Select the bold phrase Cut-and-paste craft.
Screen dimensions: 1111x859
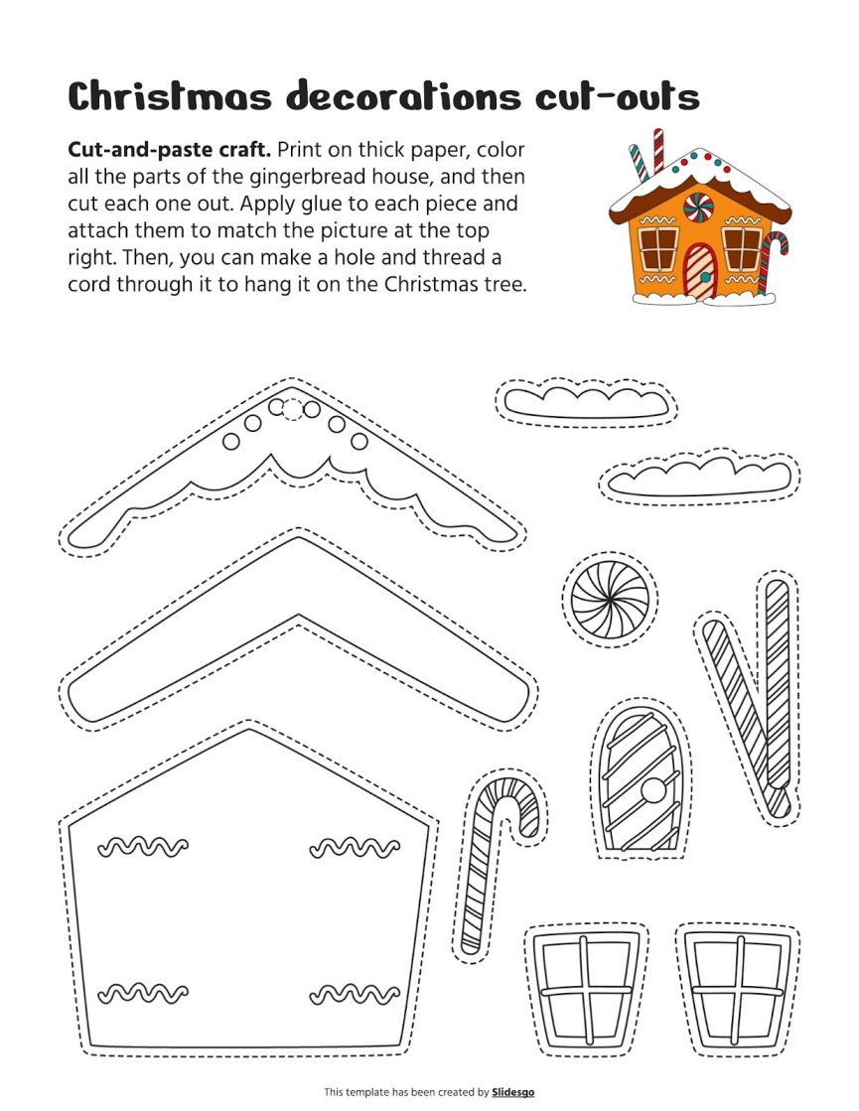point(169,150)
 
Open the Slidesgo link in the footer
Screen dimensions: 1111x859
point(512,1092)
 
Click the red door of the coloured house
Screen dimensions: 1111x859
point(699,271)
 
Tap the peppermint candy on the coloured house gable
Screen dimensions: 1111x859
point(698,208)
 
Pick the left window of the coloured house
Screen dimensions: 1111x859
point(656,248)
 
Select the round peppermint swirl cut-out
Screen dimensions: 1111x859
point(610,600)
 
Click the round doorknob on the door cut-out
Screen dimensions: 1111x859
point(652,790)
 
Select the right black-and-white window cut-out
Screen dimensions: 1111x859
point(736,990)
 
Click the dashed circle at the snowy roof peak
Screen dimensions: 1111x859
point(293,409)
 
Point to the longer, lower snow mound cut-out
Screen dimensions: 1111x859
point(699,478)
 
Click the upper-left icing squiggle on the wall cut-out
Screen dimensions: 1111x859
point(143,847)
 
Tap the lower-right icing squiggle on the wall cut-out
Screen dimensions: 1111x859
point(355,993)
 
